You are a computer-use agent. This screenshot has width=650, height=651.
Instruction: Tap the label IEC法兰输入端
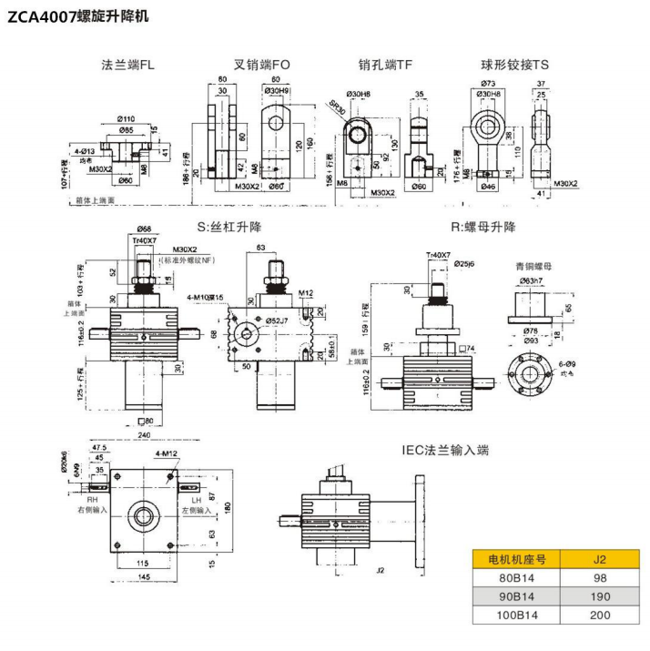click(x=446, y=450)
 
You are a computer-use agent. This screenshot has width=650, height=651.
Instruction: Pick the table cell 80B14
click(x=515, y=578)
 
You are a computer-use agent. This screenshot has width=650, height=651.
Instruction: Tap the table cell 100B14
click(x=515, y=615)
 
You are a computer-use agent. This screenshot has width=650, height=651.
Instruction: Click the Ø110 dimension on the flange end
click(x=126, y=119)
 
